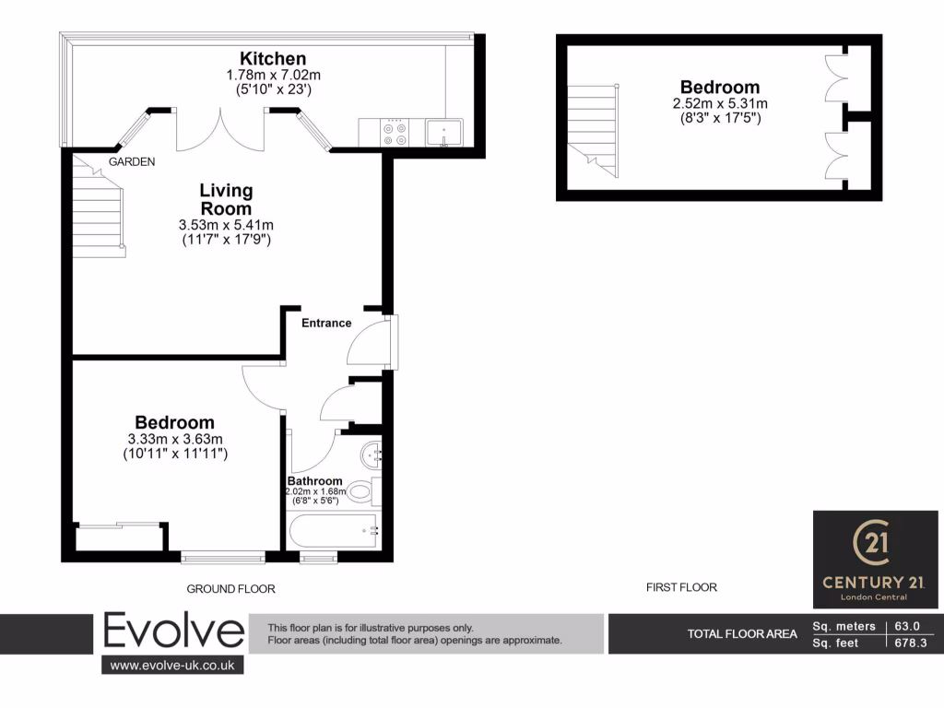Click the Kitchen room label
[x=273, y=59]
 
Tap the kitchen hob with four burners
[x=397, y=134]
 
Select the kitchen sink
[x=444, y=133]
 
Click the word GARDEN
[x=132, y=161]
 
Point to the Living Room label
[x=226, y=199]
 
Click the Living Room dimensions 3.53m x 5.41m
[x=226, y=224]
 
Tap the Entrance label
[x=326, y=323]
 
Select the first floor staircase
[x=591, y=128]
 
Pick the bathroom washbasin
[x=371, y=453]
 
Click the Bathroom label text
[x=314, y=481]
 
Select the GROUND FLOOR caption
[x=230, y=588]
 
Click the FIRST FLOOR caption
[x=682, y=587]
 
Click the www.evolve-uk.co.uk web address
[x=172, y=665]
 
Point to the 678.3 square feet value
[x=912, y=643]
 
